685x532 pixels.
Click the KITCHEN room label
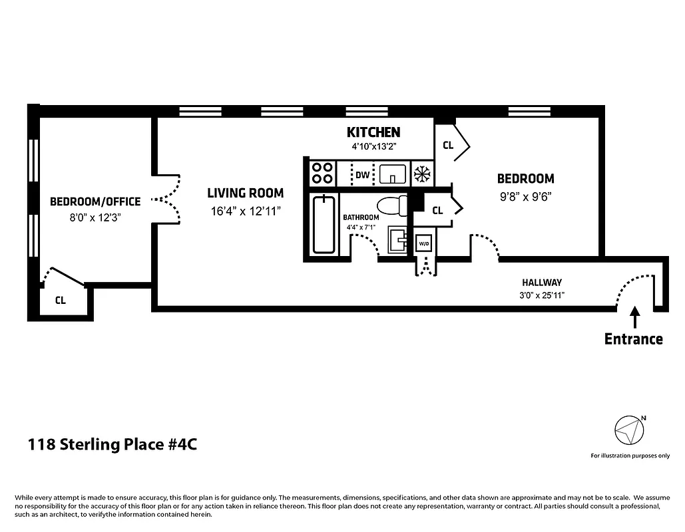pos(373,132)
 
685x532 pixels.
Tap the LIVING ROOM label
pos(245,194)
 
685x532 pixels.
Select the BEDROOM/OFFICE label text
pos(95,201)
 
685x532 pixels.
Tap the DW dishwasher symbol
pos(362,176)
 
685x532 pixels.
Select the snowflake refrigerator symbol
pos(421,175)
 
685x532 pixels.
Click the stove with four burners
pos(323,174)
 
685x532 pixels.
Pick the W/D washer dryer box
pos(424,244)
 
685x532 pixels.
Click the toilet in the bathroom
pos(392,206)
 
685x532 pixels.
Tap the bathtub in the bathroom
pos(324,224)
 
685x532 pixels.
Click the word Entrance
pos(633,339)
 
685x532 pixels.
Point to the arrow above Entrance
pos(634,317)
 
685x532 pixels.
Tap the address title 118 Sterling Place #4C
pos(112,444)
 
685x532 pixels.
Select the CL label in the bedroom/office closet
pos(61,300)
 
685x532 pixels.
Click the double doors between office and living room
pos(166,199)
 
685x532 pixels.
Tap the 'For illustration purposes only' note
pos(630,456)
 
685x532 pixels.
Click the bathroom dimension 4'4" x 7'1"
pos(361,227)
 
